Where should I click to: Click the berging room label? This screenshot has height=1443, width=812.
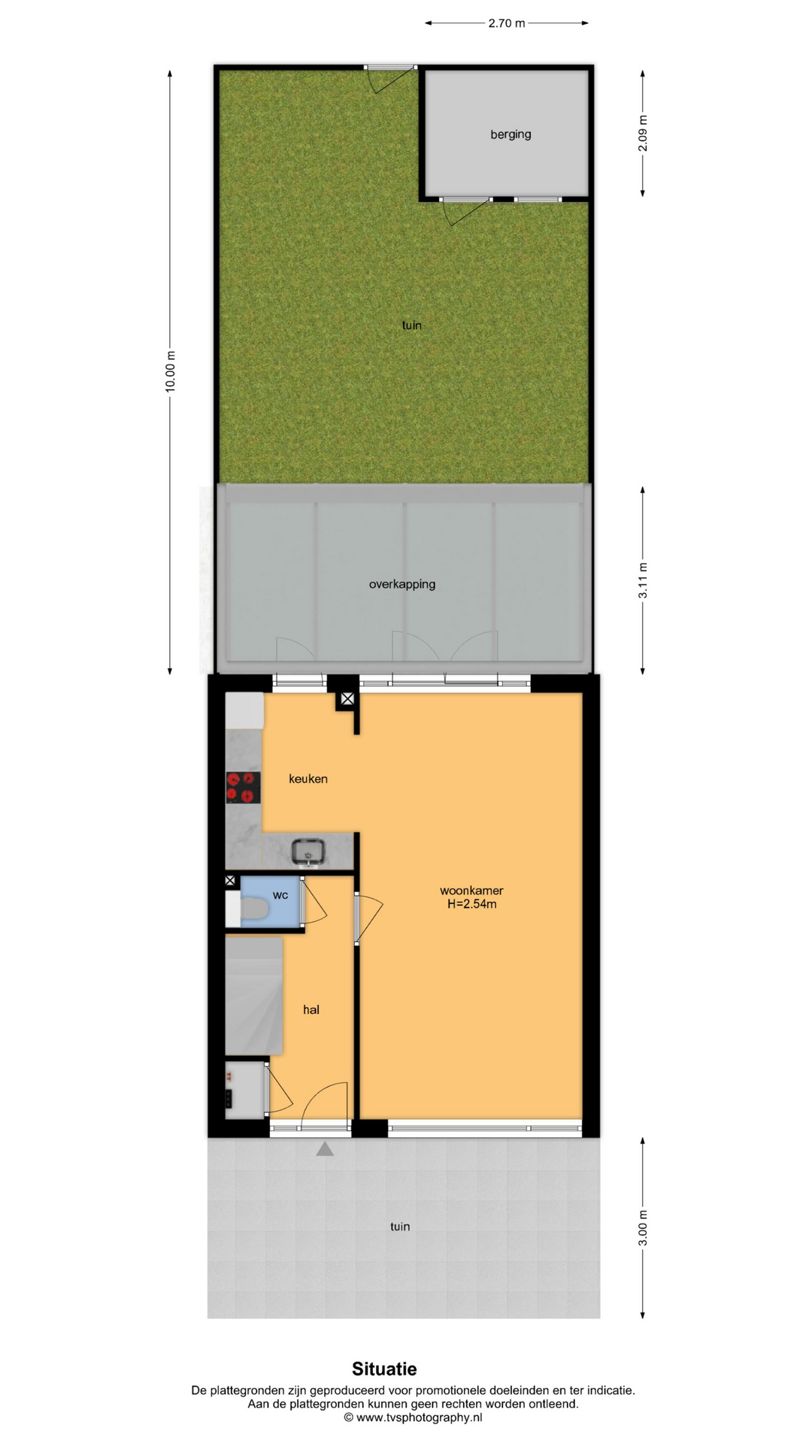click(x=511, y=135)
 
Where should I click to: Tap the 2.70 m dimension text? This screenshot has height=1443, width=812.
click(x=507, y=23)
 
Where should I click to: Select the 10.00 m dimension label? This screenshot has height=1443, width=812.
click(x=171, y=371)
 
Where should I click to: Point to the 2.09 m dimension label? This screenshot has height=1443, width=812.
click(x=643, y=133)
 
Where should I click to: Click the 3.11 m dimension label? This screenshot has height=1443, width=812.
click(x=643, y=580)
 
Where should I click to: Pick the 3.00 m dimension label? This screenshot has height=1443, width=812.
click(x=643, y=1227)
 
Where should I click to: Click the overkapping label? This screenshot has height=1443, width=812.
click(x=402, y=584)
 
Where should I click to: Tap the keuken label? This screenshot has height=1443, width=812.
click(x=308, y=779)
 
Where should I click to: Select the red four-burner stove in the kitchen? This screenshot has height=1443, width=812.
click(x=244, y=788)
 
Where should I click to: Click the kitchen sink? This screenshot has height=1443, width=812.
click(x=308, y=852)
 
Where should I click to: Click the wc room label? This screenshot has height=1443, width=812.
click(x=280, y=895)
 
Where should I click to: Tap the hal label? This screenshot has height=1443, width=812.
click(x=311, y=1010)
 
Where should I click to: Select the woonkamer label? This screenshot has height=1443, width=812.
click(x=471, y=891)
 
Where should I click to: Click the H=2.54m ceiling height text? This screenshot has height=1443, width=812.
click(x=471, y=904)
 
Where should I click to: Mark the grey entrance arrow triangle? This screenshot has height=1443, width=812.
click(x=325, y=1149)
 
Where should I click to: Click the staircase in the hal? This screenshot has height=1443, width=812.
click(x=254, y=995)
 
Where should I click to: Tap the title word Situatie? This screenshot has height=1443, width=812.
click(x=384, y=1369)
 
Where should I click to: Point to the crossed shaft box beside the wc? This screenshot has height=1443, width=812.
click(x=231, y=880)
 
